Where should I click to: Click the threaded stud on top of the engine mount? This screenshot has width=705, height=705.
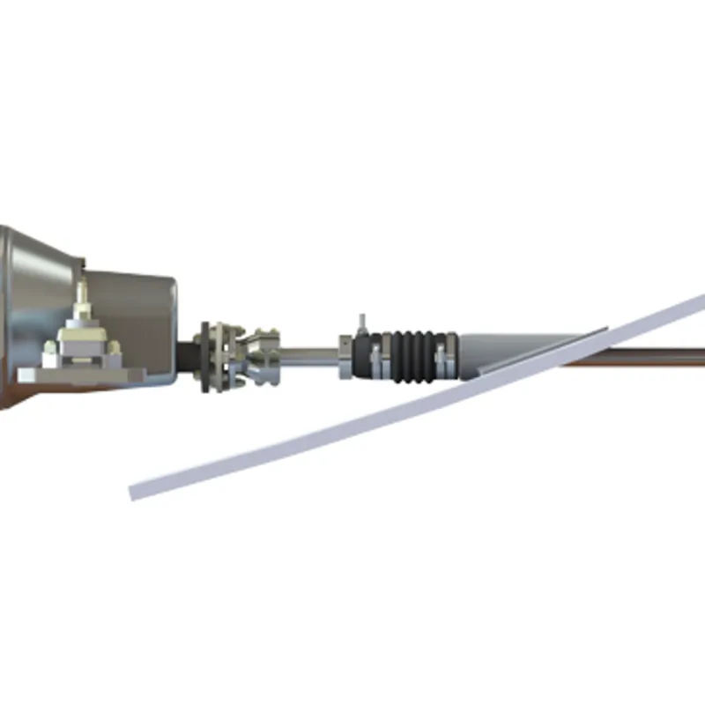[x=82, y=294]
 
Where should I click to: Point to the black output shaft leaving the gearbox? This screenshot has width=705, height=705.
[x=188, y=355]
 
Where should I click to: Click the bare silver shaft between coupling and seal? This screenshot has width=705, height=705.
[x=308, y=354]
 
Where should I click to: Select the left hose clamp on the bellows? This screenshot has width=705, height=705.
[x=375, y=358]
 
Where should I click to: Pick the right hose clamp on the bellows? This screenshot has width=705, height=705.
[x=443, y=357]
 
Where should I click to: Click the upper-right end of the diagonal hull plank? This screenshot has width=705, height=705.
[x=696, y=305]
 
